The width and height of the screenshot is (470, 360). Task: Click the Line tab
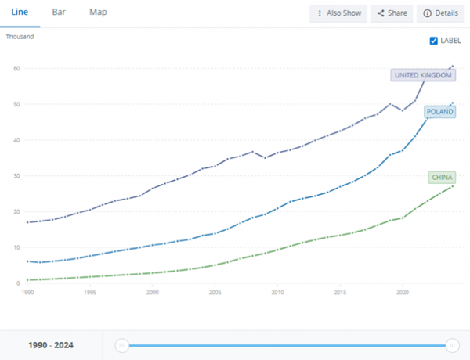pos(20,13)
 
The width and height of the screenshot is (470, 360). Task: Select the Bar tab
pos(59,13)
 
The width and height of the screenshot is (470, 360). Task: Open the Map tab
pos(98,13)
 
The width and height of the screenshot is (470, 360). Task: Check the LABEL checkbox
pos(434,41)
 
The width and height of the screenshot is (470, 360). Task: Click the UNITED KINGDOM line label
pos(423,75)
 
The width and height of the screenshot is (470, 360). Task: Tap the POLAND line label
pos(440,112)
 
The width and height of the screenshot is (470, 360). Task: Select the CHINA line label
pos(443,178)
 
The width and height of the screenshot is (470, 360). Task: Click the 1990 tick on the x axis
pos(27,292)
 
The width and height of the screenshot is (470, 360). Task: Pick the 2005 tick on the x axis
pos(215,292)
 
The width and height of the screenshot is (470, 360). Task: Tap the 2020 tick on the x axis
pos(402,292)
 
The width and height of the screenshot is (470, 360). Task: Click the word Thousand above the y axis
pos(20,37)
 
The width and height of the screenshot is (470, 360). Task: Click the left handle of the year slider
pos(121,345)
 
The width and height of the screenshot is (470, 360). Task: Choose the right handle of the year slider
pos(452,345)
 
